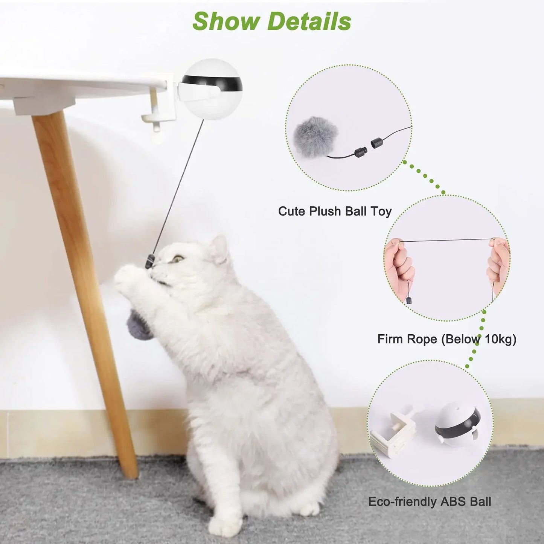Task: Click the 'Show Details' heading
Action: [x=271, y=21]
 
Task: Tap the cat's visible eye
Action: [x=178, y=259]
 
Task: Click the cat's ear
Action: [x=219, y=249]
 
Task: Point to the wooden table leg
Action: [x=85, y=286]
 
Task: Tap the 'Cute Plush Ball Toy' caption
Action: [x=335, y=211]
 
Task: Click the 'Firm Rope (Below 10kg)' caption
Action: [x=446, y=339]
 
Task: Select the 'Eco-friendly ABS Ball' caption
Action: [x=430, y=501]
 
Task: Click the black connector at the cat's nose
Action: [x=150, y=261]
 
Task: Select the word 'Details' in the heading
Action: [x=309, y=21]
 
